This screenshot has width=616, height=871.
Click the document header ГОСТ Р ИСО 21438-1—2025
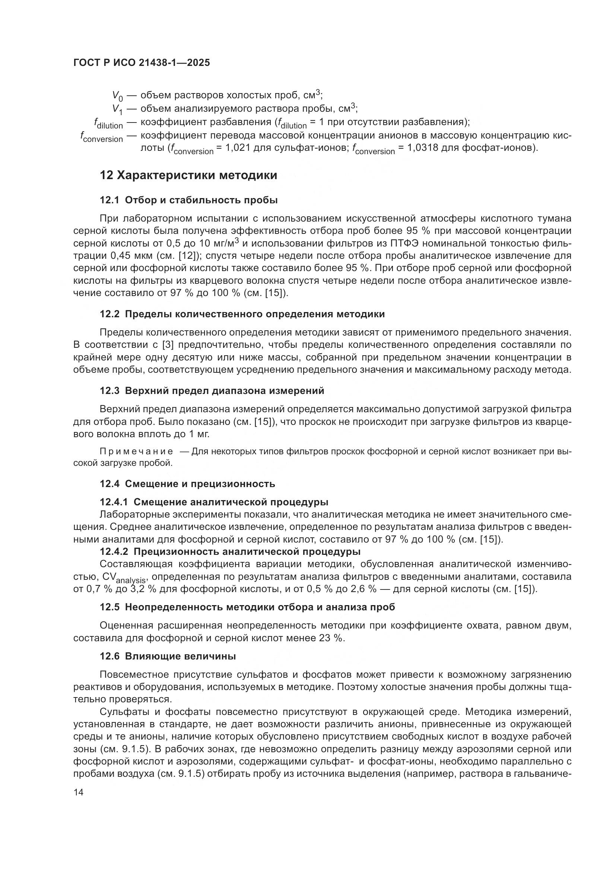tap(142, 63)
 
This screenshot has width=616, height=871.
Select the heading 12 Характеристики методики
tap(188, 175)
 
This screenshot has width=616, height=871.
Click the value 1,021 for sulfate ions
tap(238, 147)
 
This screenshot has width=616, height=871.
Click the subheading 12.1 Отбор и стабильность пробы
tap(188, 200)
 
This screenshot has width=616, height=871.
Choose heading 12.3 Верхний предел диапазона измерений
tap(212, 390)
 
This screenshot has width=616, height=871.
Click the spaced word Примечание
tap(136, 451)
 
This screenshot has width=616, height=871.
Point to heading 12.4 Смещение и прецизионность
tap(187, 484)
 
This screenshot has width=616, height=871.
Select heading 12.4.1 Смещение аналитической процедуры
tap(214, 502)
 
